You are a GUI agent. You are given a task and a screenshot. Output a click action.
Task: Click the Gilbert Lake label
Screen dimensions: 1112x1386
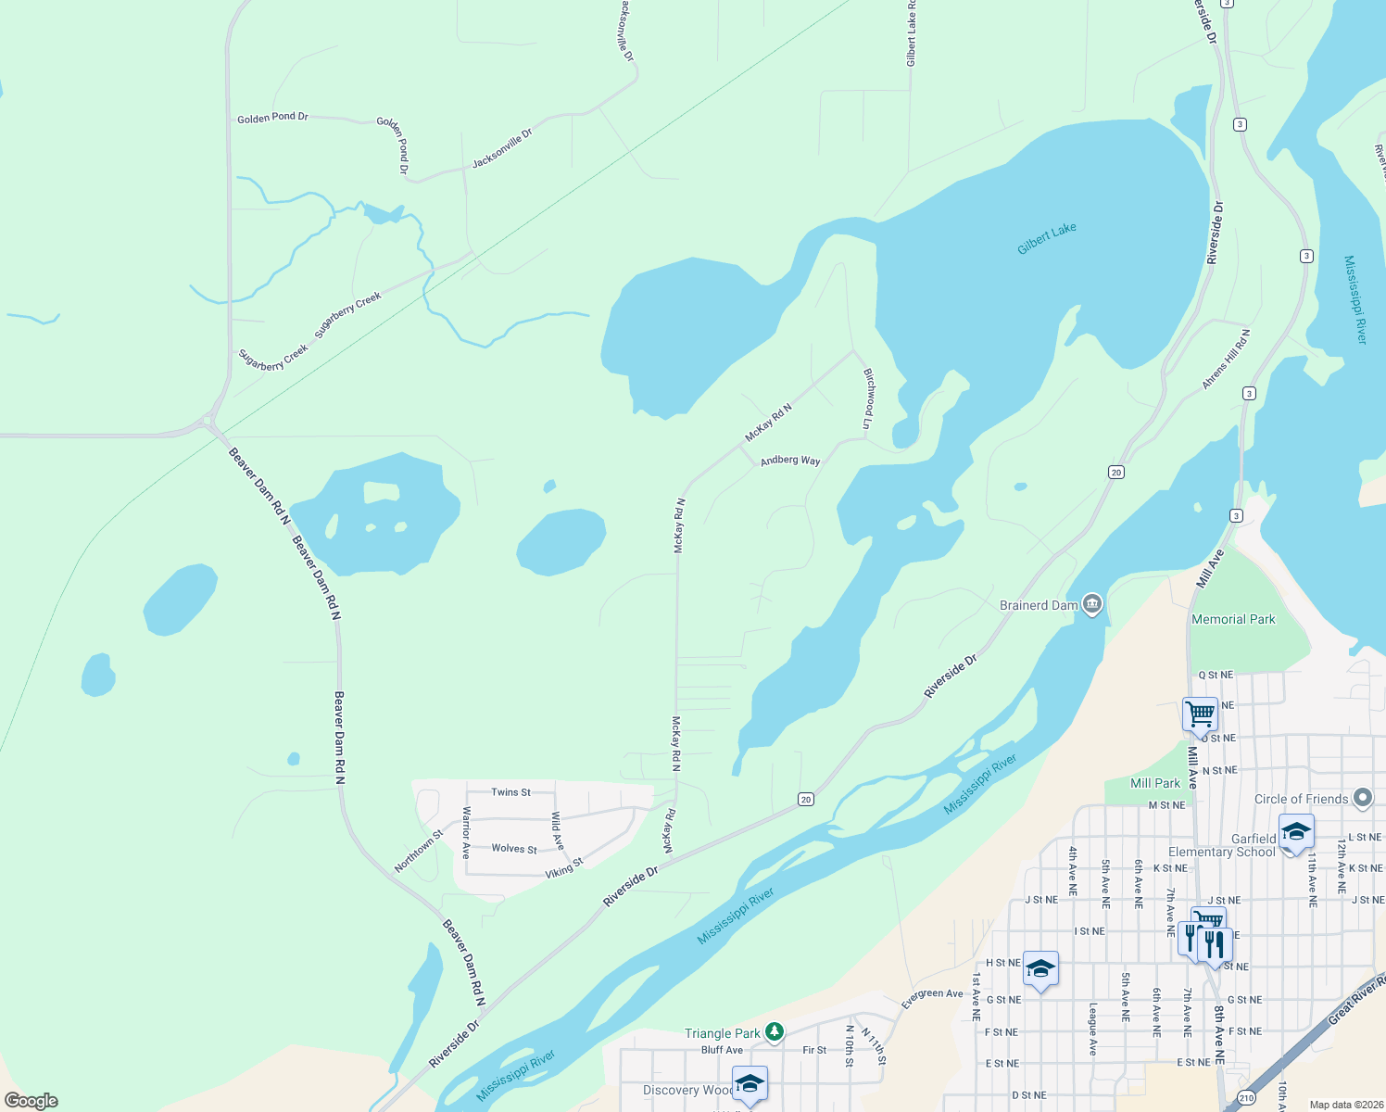point(1046,238)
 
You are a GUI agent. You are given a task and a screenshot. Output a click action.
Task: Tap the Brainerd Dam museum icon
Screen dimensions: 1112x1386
point(1091,604)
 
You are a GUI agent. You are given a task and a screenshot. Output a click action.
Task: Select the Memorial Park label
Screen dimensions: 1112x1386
point(1233,619)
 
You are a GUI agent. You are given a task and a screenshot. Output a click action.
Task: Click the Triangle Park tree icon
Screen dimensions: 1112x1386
point(775,1031)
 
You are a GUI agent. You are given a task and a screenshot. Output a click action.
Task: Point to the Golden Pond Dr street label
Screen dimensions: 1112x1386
point(272,118)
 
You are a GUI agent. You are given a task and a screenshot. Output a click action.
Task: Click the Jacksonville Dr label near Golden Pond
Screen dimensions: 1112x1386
point(502,148)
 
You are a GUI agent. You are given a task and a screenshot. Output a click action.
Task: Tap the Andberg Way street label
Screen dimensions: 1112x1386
point(789,461)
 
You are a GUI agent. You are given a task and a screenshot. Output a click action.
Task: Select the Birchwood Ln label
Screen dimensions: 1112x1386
point(868,398)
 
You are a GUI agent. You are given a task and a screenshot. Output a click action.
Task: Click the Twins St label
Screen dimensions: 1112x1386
point(510,792)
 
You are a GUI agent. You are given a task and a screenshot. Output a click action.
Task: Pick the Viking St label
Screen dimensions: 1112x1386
point(563,867)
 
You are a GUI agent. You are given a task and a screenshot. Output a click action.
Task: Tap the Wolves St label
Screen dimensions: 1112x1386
point(514,848)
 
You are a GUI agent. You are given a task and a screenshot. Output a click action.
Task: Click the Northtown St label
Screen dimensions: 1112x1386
point(419,852)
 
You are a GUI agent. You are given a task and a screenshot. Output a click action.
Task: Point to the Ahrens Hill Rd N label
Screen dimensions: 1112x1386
point(1226,359)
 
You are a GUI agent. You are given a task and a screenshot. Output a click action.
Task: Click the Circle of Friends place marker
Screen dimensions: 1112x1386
point(1362,797)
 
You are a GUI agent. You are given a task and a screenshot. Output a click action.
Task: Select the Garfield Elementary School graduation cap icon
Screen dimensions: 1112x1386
point(1295,830)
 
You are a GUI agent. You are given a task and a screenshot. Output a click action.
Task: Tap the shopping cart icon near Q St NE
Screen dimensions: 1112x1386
point(1200,714)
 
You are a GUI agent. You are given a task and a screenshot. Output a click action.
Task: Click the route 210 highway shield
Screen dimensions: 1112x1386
point(1247,1097)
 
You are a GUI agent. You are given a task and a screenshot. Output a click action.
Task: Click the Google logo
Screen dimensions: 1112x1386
point(31,1101)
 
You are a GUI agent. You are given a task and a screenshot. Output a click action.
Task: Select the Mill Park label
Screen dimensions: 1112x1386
point(1155,783)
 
